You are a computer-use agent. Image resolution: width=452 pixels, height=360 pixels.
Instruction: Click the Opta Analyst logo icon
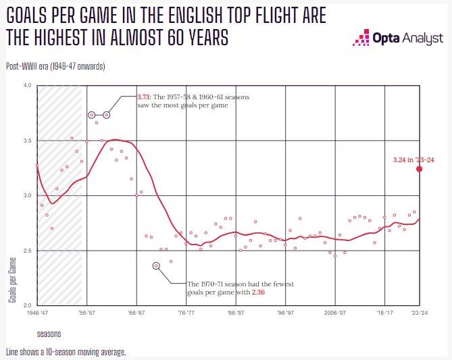pos(361,38)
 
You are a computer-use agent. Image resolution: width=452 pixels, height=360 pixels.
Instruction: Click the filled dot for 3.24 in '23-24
pos(420,169)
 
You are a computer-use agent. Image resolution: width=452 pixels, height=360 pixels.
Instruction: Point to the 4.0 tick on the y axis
pos(27,86)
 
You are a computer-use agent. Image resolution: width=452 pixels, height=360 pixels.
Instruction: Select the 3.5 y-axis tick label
pos(27,140)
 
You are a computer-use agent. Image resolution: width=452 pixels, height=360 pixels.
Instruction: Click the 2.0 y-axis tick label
pos(27,305)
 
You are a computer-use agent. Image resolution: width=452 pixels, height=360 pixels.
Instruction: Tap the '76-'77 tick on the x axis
pos(186,313)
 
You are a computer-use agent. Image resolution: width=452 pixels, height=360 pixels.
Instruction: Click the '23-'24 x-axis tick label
pos(420,313)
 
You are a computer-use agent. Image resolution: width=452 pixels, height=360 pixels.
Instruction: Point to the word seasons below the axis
pos(49,334)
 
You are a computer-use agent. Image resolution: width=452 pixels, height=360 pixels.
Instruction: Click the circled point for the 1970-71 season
pos(156,265)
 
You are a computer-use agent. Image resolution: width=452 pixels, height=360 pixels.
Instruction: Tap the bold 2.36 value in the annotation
pos(258,292)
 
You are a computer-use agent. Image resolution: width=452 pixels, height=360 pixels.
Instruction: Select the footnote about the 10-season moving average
pos(66,352)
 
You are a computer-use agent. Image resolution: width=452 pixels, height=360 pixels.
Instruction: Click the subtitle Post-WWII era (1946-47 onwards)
pos(55,66)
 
